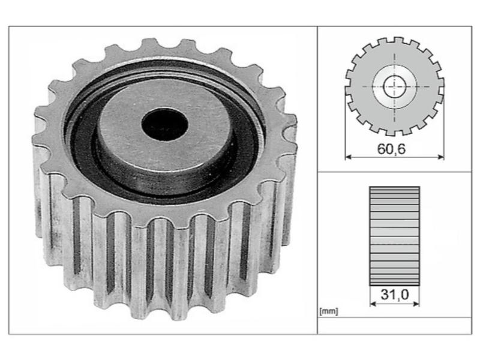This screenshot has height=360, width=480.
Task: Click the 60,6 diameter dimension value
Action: click(391, 149)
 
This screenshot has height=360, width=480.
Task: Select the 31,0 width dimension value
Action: click(395, 295)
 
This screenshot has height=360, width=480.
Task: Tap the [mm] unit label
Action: click(328, 311)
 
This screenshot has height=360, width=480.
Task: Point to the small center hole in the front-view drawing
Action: click(394, 86)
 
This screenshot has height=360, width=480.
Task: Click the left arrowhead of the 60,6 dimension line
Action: click(348, 157)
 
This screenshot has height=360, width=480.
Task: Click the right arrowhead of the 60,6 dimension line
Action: click(441, 157)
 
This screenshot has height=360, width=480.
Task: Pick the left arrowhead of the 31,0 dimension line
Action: click(373, 304)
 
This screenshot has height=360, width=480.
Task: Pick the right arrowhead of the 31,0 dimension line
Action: click(416, 304)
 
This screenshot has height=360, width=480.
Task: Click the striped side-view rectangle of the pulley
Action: click(395, 236)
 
